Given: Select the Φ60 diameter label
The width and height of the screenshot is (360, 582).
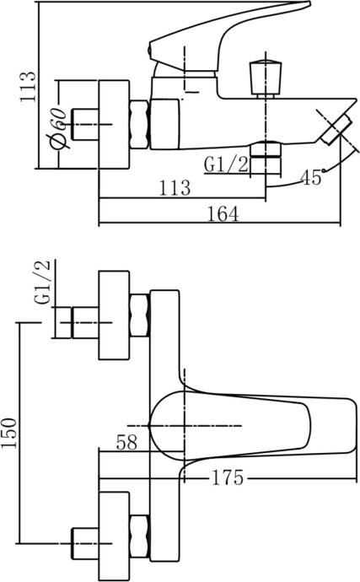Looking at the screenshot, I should (56, 126).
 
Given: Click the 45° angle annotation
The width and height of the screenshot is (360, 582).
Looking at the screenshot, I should (312, 177).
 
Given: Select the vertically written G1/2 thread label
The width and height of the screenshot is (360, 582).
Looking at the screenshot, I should (43, 284).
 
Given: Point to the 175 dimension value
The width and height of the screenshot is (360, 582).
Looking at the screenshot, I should (227, 478).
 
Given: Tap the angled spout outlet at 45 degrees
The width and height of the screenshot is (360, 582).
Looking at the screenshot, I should (334, 128).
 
